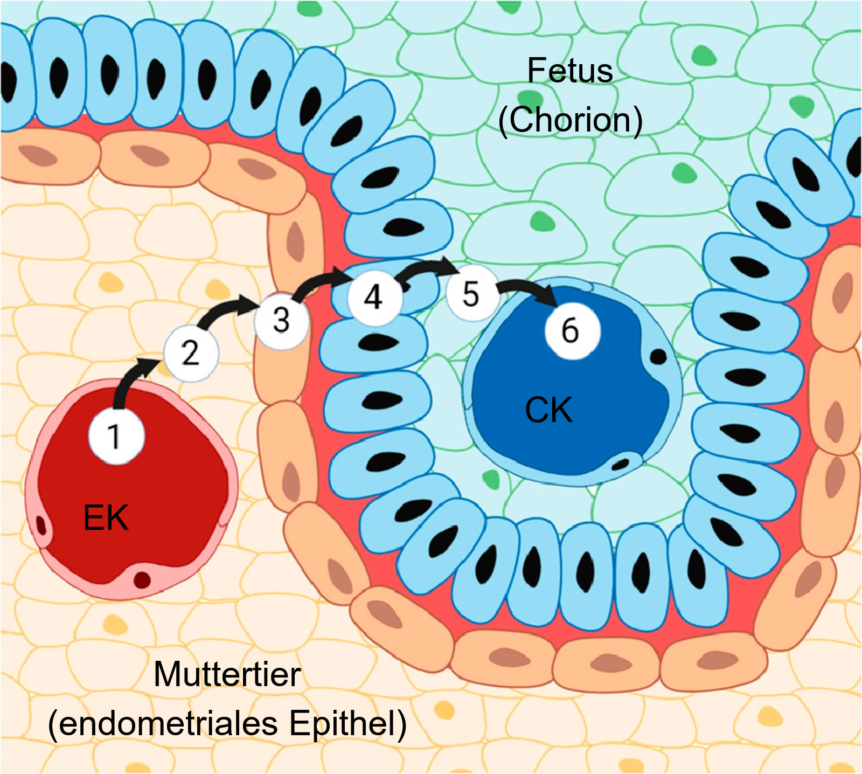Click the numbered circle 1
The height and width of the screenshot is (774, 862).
116,436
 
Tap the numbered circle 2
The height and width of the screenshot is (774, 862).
191,353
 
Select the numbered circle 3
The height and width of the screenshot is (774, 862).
281,321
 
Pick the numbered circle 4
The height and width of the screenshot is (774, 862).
374,297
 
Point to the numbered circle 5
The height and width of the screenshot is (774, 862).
471,294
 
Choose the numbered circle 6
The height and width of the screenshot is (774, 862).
572,330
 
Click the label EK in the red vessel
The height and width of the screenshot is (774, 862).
106,518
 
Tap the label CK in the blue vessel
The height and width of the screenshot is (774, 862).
548,410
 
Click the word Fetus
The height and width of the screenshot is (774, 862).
569,71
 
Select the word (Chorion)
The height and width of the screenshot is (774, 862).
570,120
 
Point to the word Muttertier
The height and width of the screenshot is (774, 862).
227,674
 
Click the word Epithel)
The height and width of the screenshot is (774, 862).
348,723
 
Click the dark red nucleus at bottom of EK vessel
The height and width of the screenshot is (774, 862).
142,580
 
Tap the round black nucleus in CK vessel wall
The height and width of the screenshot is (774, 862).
658,356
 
